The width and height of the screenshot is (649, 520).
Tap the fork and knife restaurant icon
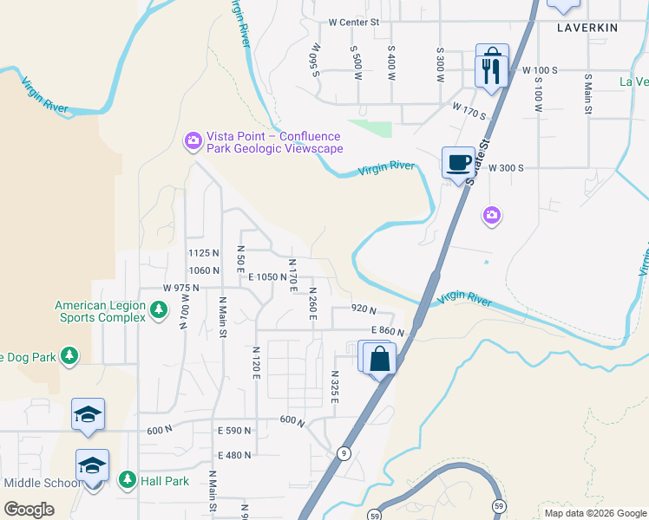tap(491, 68)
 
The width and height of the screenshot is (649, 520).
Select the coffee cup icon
tap(458, 162)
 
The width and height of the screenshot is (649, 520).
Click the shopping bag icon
tap(380, 358)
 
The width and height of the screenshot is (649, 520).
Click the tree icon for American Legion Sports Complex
tap(158, 309)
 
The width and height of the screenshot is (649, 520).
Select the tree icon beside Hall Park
tap(127, 480)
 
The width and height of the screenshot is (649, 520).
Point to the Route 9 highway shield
tap(344, 452)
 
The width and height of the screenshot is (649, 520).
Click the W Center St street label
tap(355, 23)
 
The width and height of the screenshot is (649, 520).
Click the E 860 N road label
tap(388, 330)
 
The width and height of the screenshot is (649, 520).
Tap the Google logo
tap(29, 509)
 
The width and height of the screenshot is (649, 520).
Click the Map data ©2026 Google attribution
tap(594, 513)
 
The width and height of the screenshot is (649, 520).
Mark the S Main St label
tap(587, 92)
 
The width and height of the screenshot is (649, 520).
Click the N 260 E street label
tap(312, 303)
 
